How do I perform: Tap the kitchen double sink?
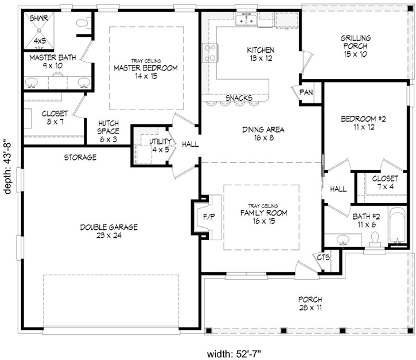pos(246,21)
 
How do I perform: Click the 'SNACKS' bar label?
pos(239,98)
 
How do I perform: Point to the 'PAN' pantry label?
pos(305,92)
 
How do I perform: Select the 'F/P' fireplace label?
pos(209,217)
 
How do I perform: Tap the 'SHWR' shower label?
pos(39,18)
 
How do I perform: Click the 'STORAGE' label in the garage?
pos(80,157)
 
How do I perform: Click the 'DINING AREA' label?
pos(263,133)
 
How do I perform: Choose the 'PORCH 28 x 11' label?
pos(310,304)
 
